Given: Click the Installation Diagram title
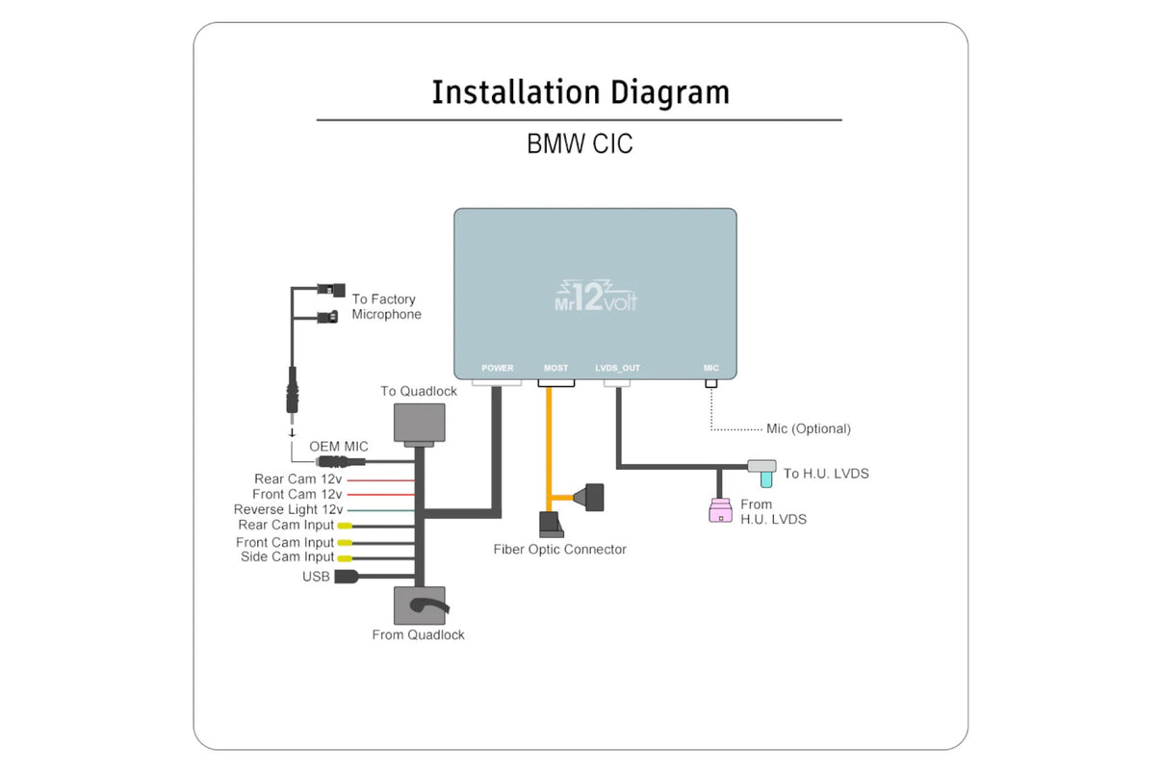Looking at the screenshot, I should [x=580, y=92].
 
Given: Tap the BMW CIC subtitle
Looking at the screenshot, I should [x=580, y=143].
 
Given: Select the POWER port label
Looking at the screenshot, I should [x=498, y=368].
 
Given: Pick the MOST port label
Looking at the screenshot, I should [x=555, y=368].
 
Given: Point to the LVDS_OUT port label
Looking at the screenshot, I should [x=617, y=368].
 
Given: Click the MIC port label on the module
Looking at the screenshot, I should [x=710, y=368].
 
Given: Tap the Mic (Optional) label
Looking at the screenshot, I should [x=808, y=428].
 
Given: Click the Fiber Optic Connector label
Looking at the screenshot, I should [x=559, y=550].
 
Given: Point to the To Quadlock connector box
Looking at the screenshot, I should [x=420, y=423].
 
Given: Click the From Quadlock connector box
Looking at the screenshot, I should [x=420, y=606].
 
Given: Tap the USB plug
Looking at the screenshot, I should [x=347, y=577].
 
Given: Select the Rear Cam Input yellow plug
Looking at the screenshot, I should [x=345, y=526].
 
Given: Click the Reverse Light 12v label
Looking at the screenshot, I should [x=288, y=509].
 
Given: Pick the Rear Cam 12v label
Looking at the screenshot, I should [x=297, y=478].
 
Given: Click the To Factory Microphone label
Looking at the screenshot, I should [x=386, y=307].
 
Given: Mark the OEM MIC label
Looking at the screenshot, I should [x=338, y=447].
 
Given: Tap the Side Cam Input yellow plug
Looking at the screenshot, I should [x=345, y=557].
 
